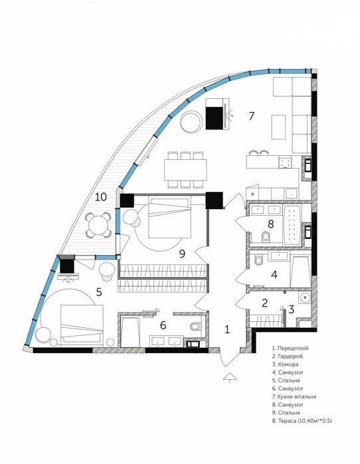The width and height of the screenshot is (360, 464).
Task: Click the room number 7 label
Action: click(x=251, y=116)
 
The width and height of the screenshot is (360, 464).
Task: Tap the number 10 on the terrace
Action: click(x=101, y=196)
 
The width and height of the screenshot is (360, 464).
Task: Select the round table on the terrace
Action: click(x=98, y=224)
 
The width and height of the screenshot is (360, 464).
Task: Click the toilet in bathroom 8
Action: click(x=266, y=237)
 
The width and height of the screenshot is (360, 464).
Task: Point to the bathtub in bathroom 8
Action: click(x=292, y=224)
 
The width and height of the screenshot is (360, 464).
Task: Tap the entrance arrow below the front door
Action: click(x=230, y=378)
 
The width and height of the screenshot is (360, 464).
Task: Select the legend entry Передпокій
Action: click(x=290, y=348)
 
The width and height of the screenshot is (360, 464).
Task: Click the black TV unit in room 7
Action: click(x=215, y=118)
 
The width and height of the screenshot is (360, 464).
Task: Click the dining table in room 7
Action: click(x=185, y=170)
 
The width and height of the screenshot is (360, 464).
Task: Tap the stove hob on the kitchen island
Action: click(x=286, y=163)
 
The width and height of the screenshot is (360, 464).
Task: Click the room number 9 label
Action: click(x=183, y=254)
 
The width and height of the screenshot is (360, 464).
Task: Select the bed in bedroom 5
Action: click(x=82, y=325)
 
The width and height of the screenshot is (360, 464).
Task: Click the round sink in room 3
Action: click(x=305, y=297)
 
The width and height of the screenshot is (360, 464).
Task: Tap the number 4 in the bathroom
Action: click(x=274, y=275)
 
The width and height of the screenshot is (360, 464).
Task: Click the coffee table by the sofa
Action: click(x=278, y=127)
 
